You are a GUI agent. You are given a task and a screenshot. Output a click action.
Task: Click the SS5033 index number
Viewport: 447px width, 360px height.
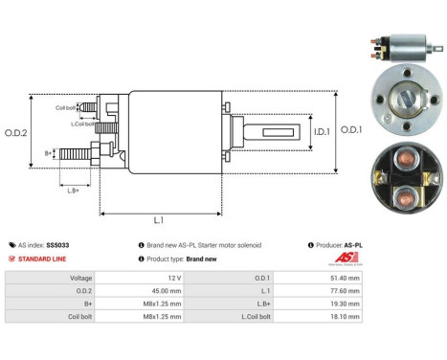point(57,245)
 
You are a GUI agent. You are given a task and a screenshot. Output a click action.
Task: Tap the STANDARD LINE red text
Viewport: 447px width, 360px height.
point(45,259)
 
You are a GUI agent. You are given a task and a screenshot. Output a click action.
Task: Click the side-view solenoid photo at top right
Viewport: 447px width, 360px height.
point(402,47)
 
